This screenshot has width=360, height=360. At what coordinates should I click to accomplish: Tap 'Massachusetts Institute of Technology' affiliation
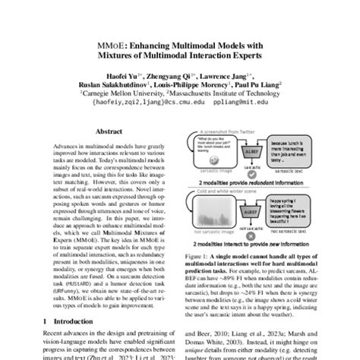tap(235, 93)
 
